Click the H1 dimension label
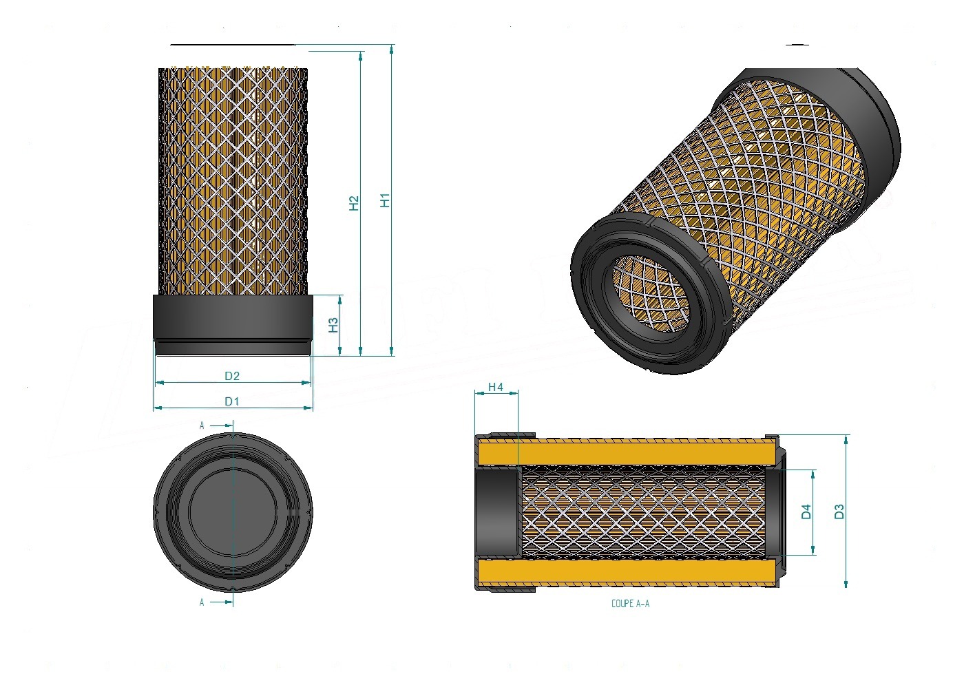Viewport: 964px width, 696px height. pyautogui.click(x=385, y=200)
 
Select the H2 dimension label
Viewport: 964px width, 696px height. pyautogui.click(x=353, y=203)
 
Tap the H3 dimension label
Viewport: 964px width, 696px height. pyautogui.click(x=333, y=325)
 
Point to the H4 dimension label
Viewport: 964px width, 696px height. pyautogui.click(x=495, y=387)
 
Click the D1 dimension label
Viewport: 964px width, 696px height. pyautogui.click(x=232, y=401)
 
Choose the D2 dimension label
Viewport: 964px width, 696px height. pyautogui.click(x=232, y=376)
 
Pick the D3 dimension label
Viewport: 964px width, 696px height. pyautogui.click(x=839, y=512)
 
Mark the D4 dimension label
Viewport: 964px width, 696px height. pyautogui.click(x=806, y=512)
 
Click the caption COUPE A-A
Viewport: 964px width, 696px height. pyautogui.click(x=631, y=604)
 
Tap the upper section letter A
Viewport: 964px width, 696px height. pyautogui.click(x=201, y=425)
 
